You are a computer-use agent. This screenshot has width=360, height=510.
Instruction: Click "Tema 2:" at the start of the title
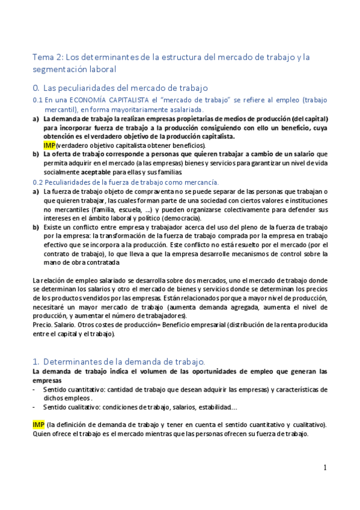46,57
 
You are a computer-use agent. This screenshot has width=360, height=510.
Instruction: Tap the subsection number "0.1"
38,100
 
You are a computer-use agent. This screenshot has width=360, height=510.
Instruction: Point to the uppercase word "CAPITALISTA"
121,100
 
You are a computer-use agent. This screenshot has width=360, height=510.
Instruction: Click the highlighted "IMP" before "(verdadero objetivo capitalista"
49,146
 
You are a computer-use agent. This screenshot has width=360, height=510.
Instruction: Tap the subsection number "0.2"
38,182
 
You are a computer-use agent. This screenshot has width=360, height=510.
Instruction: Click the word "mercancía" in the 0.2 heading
201,182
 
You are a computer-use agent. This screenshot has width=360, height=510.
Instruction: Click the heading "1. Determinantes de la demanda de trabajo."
119,361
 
